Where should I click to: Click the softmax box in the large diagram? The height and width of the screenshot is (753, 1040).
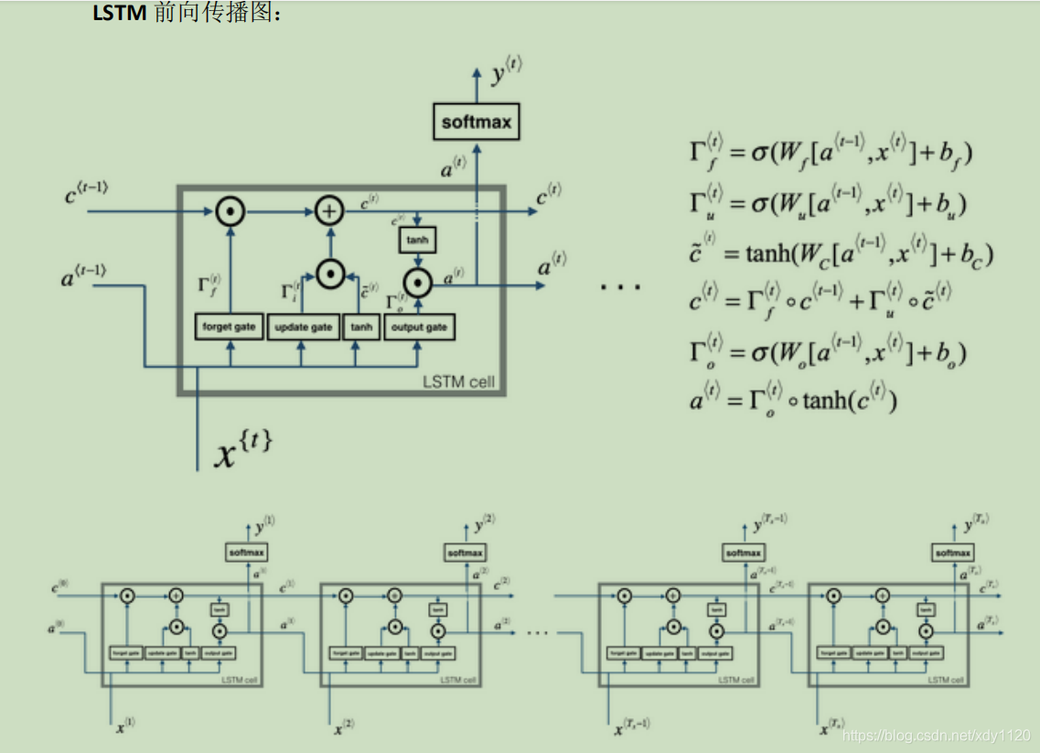click(x=476, y=122)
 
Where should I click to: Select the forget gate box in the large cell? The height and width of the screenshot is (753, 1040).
click(x=230, y=327)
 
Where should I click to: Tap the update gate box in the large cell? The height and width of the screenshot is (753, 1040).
click(x=303, y=327)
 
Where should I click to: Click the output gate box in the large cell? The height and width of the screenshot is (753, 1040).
click(x=419, y=327)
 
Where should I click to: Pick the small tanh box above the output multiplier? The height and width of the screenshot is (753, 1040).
click(x=417, y=241)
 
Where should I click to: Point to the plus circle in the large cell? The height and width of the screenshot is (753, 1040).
click(x=328, y=211)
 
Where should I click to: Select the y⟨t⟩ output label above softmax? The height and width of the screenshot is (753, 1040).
click(x=506, y=72)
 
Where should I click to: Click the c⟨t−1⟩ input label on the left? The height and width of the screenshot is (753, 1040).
click(x=86, y=193)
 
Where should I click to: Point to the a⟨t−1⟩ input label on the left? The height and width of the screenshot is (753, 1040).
click(x=83, y=274)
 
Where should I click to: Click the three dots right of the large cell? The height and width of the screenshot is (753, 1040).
click(x=620, y=287)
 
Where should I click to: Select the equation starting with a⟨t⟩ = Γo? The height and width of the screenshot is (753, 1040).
click(x=794, y=400)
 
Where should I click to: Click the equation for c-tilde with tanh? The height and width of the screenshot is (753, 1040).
click(x=841, y=252)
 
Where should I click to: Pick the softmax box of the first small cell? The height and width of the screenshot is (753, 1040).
click(x=246, y=553)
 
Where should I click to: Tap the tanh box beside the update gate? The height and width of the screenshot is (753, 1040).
click(x=361, y=327)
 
